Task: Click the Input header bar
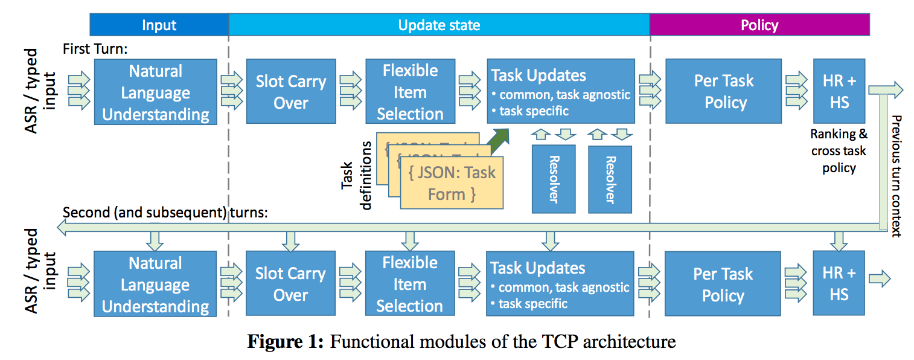coord(159,25)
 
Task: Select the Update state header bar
coord(439,25)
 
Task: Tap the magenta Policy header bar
coord(759,25)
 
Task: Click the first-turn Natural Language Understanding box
coord(155,92)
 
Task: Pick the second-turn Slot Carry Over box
coord(290,284)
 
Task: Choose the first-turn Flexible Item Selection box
coord(410,92)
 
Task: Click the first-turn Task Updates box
coord(560,91)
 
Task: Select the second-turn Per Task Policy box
coord(723,284)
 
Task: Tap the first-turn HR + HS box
coord(839,91)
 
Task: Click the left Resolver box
coord(554,179)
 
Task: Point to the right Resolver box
coord(610,179)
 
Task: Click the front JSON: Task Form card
coord(452,184)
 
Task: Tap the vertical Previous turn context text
coord(896,175)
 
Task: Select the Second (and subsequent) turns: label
coord(165,213)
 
